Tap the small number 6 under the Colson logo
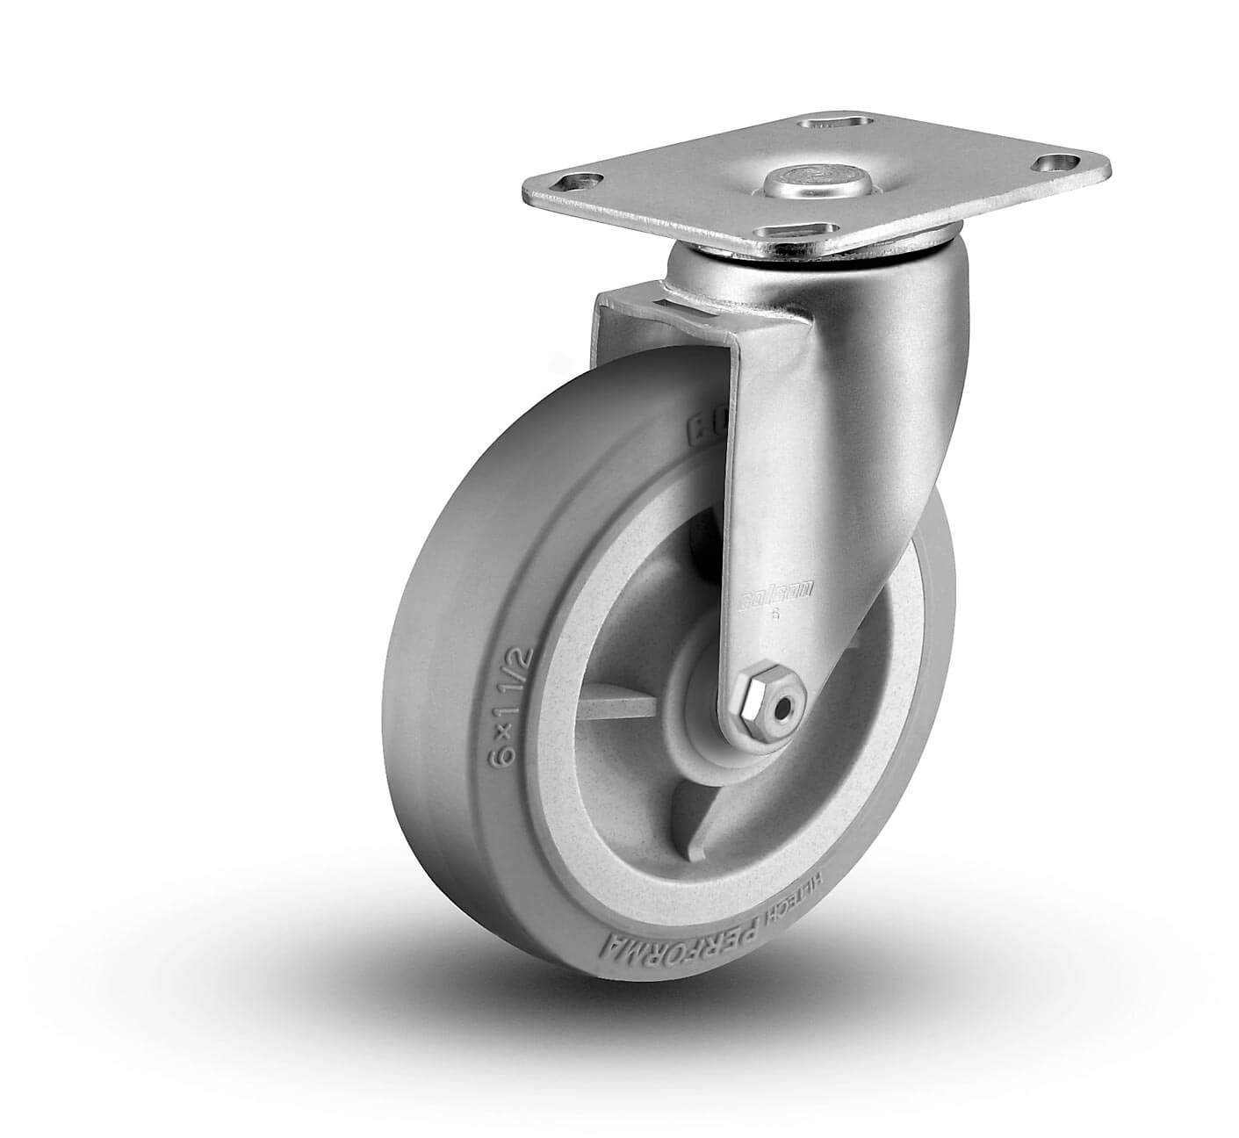(774, 615)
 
